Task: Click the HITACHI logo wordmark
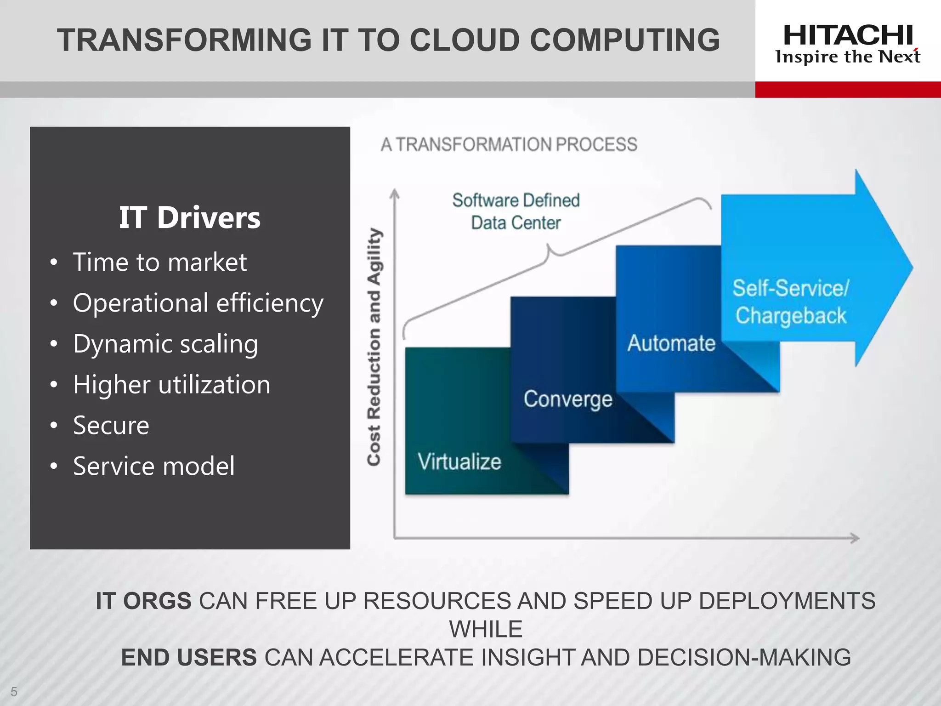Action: pyautogui.click(x=848, y=35)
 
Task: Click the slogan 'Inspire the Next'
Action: pyautogui.click(x=848, y=57)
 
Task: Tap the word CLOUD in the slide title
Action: pyautogui.click(x=465, y=40)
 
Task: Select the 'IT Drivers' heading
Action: pyautogui.click(x=189, y=217)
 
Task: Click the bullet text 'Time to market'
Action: pyautogui.click(x=159, y=262)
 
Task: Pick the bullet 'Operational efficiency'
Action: pyautogui.click(x=198, y=303)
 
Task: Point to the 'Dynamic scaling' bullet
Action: pyautogui.click(x=165, y=344)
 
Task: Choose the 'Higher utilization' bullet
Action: pyautogui.click(x=171, y=385)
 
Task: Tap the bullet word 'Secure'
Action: pyautogui.click(x=111, y=425)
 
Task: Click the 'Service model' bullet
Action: pyautogui.click(x=154, y=466)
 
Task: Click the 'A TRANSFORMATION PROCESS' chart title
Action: pyautogui.click(x=509, y=144)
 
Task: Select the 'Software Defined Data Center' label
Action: pyautogui.click(x=516, y=211)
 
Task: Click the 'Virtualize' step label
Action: pyautogui.click(x=459, y=461)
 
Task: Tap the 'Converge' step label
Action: pyautogui.click(x=568, y=399)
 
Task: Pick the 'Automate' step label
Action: pyautogui.click(x=671, y=343)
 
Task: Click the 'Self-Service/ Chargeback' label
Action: pyautogui.click(x=790, y=302)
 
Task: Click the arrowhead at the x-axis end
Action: pyautogui.click(x=855, y=538)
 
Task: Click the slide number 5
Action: pyautogui.click(x=14, y=692)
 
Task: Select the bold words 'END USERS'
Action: pyautogui.click(x=189, y=657)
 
